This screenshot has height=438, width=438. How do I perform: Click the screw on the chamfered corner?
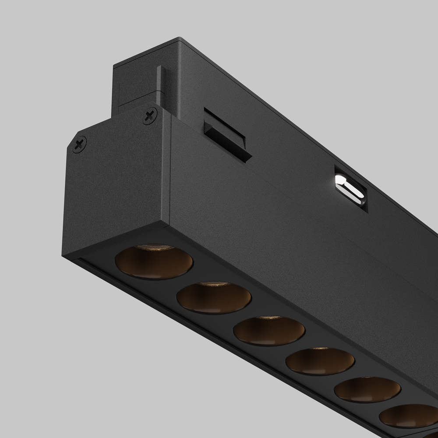(79, 144)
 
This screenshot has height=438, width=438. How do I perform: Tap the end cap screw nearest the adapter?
(150, 116)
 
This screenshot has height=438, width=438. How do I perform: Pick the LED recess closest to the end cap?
(154, 262)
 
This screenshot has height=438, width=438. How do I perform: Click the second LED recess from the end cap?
(214, 298)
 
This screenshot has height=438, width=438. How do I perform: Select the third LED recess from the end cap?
(269, 331)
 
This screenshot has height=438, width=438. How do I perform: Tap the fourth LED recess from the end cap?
(320, 362)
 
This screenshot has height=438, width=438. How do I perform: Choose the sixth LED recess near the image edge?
(409, 416)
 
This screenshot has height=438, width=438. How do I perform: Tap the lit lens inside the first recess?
(154, 247)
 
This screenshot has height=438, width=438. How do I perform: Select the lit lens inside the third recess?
(268, 318)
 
